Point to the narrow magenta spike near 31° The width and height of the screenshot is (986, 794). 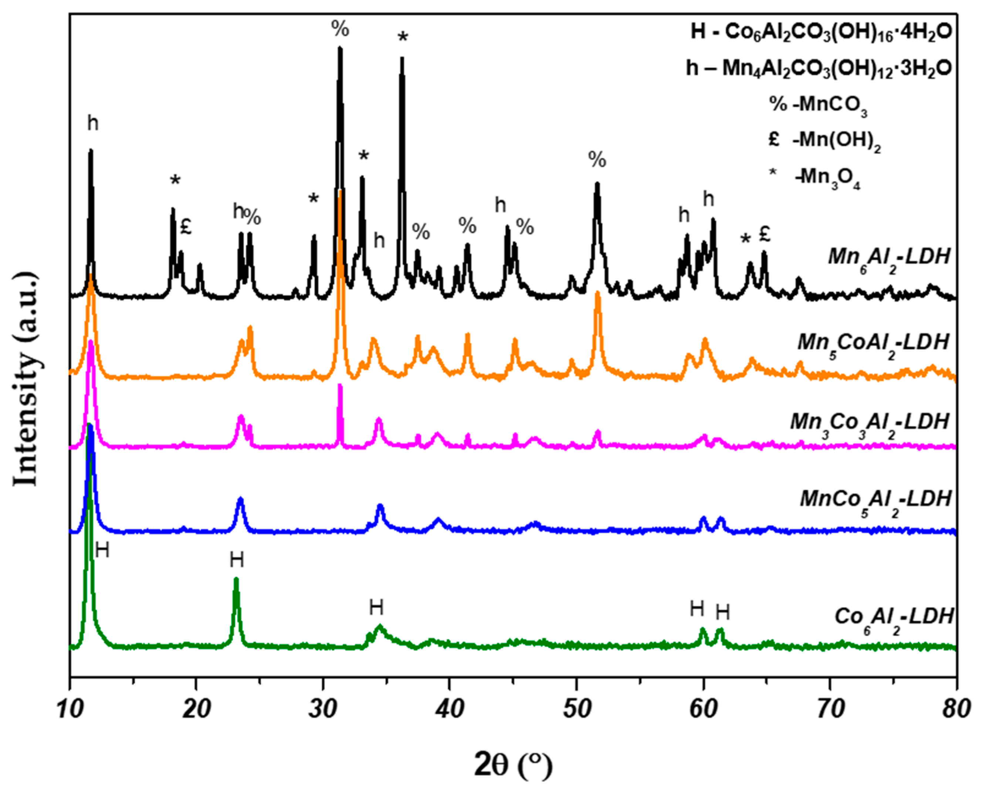[340, 389]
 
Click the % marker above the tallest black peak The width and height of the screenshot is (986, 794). [340, 29]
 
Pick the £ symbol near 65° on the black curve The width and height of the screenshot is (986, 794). [764, 234]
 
